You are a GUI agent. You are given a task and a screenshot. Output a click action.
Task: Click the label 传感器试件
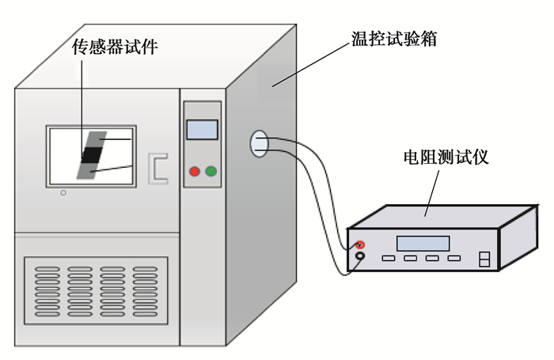point(115,47)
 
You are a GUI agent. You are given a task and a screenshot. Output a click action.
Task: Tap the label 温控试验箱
point(394,39)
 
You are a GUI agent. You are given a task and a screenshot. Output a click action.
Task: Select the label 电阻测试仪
point(446,157)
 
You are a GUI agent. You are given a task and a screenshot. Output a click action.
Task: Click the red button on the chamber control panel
point(195,172)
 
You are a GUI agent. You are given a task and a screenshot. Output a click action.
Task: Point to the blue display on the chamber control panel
point(202,130)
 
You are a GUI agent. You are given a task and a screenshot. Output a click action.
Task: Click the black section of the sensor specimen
point(92,155)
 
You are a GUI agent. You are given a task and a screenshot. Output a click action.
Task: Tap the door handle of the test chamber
point(158,169)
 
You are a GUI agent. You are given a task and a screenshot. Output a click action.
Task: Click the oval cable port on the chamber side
point(260,144)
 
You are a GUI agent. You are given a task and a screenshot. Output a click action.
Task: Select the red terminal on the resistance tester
point(359,244)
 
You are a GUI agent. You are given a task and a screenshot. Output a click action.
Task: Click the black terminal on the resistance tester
point(359,256)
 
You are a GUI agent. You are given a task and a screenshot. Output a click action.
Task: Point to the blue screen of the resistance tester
point(423,244)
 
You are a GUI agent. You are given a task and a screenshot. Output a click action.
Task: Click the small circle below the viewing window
point(63,193)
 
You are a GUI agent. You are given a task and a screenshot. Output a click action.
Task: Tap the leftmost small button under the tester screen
point(389,258)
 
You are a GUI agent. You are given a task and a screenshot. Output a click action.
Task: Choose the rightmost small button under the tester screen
point(454,258)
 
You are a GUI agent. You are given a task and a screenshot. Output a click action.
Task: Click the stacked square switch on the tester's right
point(484,259)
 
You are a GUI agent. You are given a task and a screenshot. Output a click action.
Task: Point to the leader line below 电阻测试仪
point(432,193)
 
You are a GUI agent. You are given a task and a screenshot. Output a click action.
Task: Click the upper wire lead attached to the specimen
point(116,139)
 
